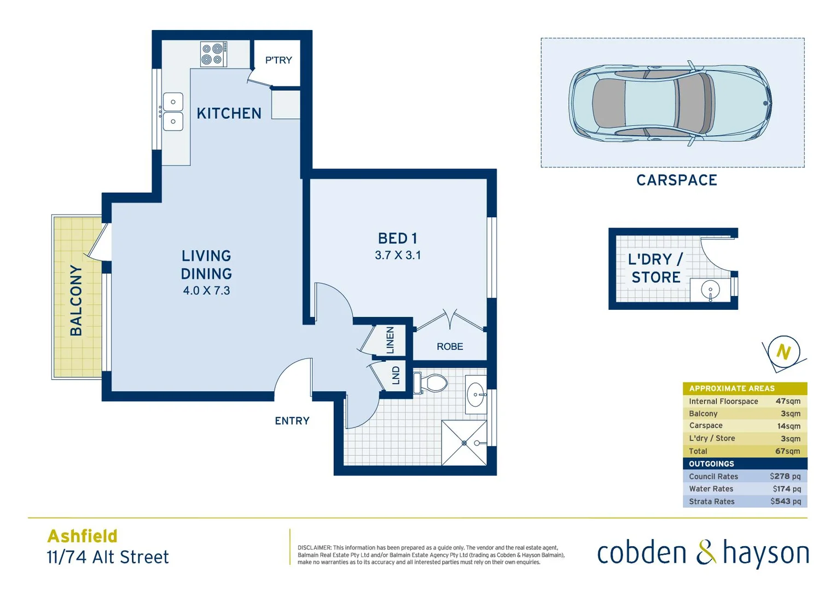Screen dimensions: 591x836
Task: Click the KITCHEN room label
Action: [229, 113]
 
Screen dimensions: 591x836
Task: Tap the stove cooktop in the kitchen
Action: [213, 54]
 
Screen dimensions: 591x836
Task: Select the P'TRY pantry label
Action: [278, 60]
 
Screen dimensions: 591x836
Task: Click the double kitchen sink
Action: [173, 112]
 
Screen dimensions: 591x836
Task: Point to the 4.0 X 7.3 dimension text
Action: [206, 291]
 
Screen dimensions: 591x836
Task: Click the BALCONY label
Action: [76, 300]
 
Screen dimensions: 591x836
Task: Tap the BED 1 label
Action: [397, 239]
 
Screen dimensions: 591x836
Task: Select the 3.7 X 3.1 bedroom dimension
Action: [398, 255]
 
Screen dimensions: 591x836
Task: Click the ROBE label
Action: [450, 346]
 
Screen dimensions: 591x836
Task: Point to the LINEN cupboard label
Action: [390, 340]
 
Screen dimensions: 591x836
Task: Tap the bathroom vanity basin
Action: [475, 394]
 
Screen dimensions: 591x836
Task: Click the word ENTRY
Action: [292, 421]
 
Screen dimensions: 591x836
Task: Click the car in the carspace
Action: [670, 103]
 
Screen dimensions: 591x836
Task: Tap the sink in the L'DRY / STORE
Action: [710, 290]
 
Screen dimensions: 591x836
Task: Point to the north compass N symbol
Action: [783, 352]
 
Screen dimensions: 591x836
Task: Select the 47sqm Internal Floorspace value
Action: [788, 401]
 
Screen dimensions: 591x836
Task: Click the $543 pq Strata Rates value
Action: [785, 501]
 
